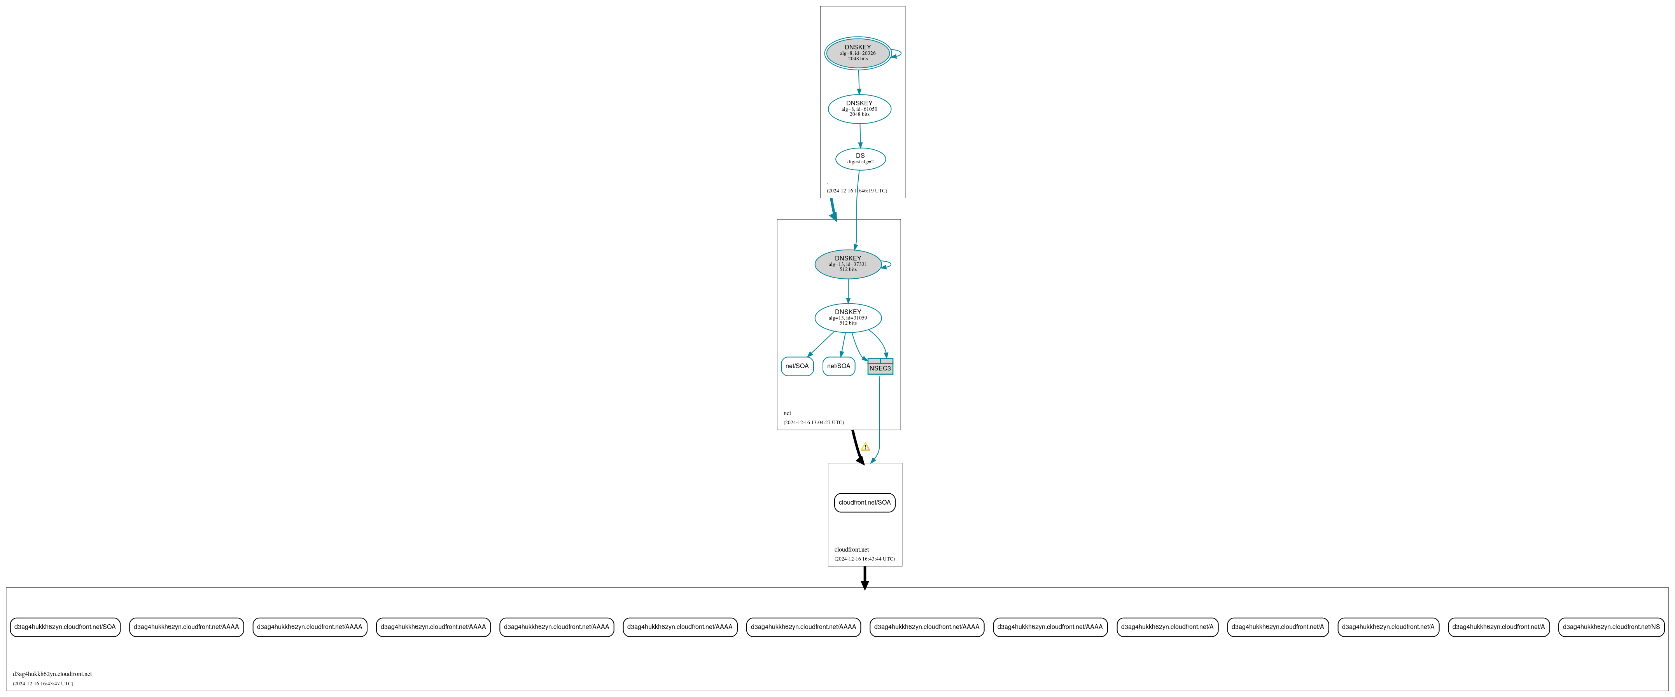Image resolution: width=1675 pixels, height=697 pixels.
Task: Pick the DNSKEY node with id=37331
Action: click(848, 264)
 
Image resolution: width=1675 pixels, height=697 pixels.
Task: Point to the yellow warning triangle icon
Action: click(865, 447)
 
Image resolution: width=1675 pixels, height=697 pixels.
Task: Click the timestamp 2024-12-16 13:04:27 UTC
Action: click(814, 423)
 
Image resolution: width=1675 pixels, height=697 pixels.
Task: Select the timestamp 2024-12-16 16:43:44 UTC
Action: click(864, 559)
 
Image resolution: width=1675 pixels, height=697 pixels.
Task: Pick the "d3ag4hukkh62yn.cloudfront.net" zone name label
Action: click(52, 674)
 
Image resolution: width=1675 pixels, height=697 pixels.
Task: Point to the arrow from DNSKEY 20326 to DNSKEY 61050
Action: click(859, 82)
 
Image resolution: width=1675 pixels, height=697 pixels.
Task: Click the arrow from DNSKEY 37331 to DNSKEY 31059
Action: click(848, 291)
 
